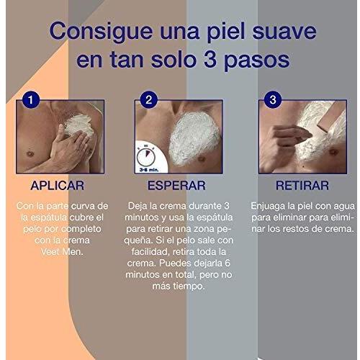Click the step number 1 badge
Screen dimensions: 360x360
31,99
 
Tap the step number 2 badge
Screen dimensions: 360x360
149,99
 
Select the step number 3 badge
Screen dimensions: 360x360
273,99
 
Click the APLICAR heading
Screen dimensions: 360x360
58,186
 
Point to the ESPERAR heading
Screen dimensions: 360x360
176,186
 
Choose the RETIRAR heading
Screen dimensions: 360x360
302,186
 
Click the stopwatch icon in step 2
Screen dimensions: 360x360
146,156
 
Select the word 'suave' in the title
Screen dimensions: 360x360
284,32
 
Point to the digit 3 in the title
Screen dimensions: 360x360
210,59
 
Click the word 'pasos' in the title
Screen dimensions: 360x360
256,61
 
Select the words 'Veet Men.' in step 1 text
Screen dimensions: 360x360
62,252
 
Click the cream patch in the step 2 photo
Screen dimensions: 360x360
194,138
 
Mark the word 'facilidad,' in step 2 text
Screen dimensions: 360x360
150,252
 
